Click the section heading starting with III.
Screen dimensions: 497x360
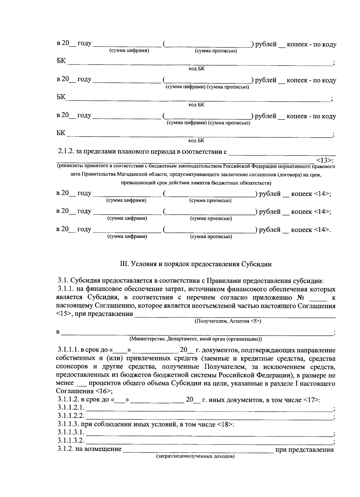click(196, 264)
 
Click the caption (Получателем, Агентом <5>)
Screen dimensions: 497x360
click(228, 321)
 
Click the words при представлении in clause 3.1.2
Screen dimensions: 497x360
click(304, 450)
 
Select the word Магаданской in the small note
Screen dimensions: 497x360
click(122, 174)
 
